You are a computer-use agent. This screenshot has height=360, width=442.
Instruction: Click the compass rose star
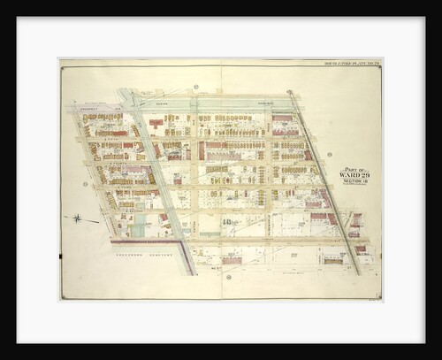tap(76, 218)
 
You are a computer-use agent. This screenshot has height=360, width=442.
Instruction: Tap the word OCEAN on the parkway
tap(160, 103)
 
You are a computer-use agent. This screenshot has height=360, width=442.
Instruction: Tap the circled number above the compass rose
tap(84, 184)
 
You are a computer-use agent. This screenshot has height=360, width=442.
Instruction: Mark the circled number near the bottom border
tap(228, 277)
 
